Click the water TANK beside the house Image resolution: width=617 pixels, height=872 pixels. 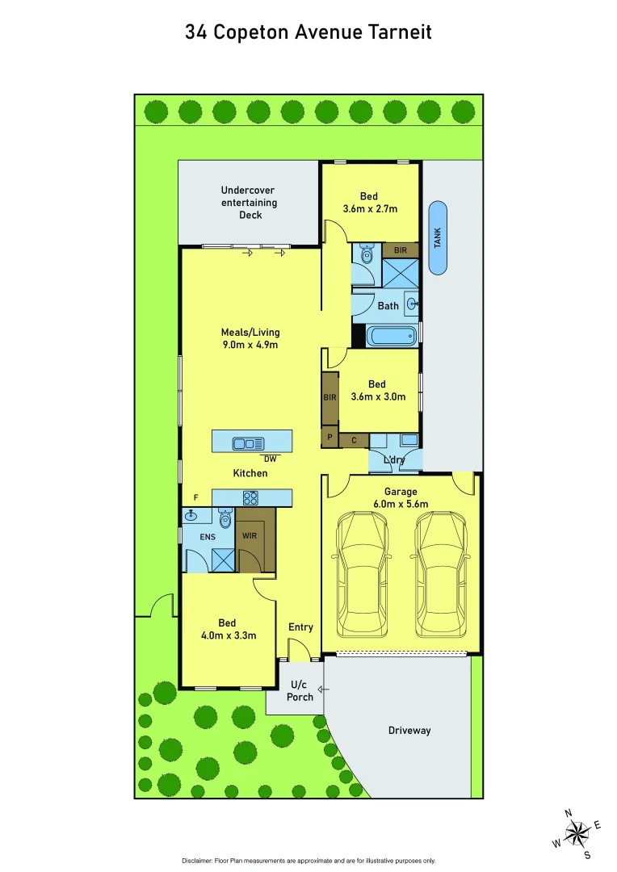(437, 237)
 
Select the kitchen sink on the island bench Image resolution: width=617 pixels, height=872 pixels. (248, 442)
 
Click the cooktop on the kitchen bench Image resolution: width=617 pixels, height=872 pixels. (250, 498)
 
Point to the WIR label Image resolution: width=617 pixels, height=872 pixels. (249, 535)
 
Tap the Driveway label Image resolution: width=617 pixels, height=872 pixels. (409, 731)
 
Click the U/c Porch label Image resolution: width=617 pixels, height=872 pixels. (300, 691)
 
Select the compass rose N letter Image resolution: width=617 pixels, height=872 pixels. (568, 813)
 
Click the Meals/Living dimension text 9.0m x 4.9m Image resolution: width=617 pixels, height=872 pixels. (250, 346)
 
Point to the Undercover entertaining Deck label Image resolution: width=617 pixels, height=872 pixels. (250, 203)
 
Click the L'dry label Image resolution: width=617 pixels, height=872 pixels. (394, 460)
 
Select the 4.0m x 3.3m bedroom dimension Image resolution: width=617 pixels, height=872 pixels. (227, 635)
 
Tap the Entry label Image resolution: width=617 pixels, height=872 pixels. (300, 627)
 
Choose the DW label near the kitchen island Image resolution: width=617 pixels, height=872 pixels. (270, 459)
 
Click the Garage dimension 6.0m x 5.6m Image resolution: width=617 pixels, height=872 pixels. (401, 504)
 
